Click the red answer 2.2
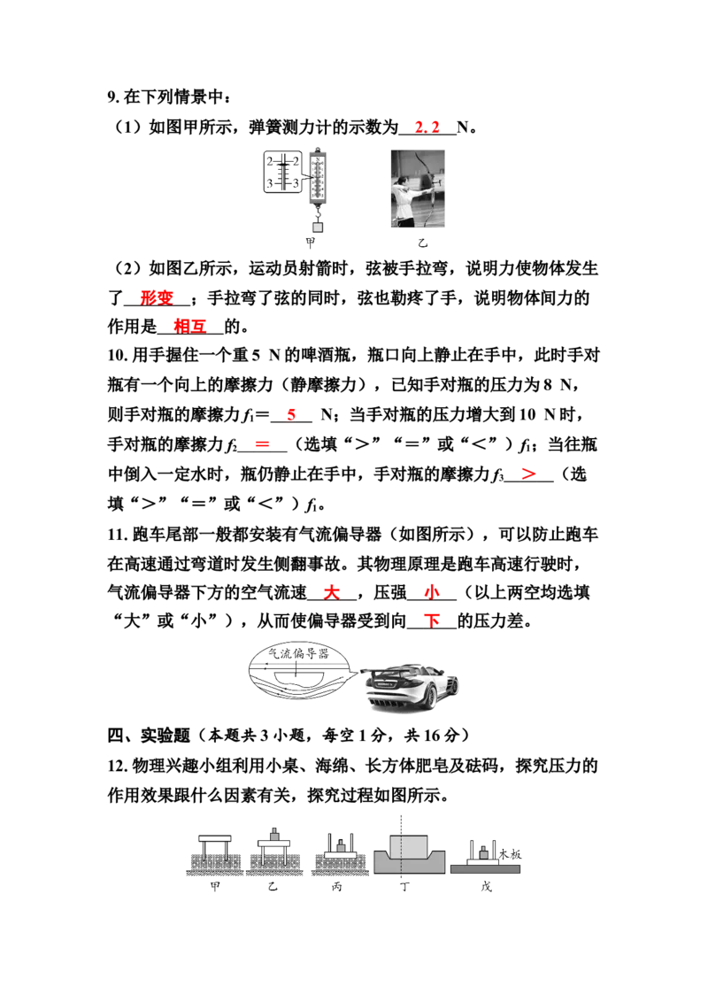[427, 127]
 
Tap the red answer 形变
[158, 297]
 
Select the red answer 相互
[189, 327]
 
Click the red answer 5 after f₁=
[291, 414]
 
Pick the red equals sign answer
[262, 444]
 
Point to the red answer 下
[432, 620]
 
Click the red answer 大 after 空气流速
[331, 592]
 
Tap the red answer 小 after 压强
[432, 592]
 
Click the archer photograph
[417, 189]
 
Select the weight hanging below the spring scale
[317, 227]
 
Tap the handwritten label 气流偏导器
[297, 653]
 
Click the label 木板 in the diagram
[510, 854]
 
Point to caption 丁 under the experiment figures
[404, 886]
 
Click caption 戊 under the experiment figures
[486, 886]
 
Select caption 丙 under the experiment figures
[337, 886]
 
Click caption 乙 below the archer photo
[422, 243]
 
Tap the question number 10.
[118, 355]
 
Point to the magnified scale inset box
[282, 172]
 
